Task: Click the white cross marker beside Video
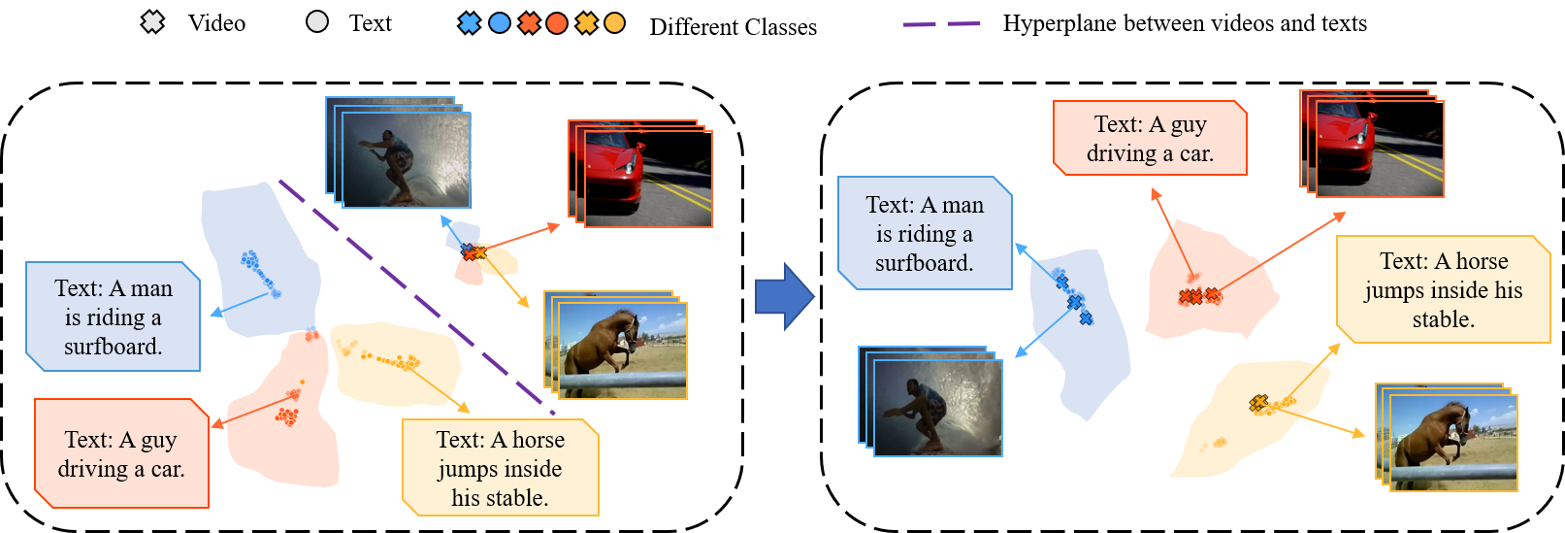(152, 22)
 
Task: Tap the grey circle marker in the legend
(317, 22)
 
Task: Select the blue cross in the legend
(469, 23)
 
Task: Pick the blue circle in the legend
(500, 23)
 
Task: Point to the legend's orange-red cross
(529, 23)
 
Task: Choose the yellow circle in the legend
(614, 23)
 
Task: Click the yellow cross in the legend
(586, 23)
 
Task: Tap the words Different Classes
(733, 26)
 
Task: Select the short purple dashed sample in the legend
(941, 24)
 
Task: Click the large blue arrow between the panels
(785, 296)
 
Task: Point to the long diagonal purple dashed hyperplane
(417, 298)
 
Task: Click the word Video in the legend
(216, 23)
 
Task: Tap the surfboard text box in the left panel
(114, 316)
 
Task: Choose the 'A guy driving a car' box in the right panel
(1150, 138)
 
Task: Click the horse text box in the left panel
(501, 467)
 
